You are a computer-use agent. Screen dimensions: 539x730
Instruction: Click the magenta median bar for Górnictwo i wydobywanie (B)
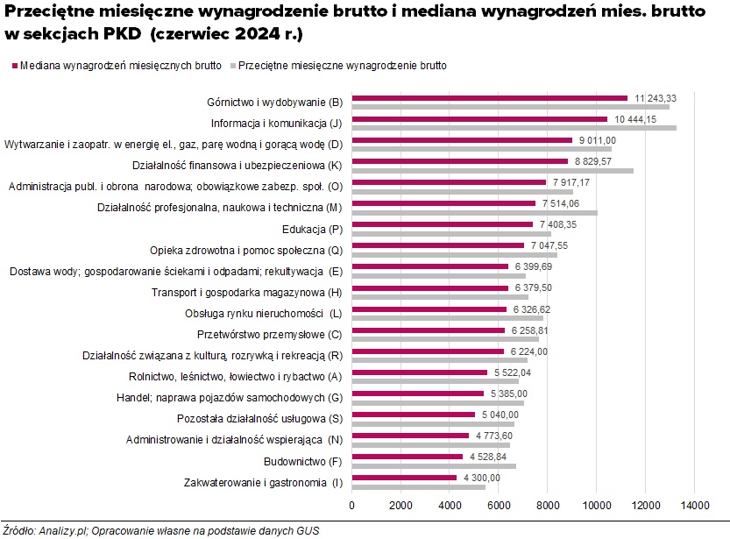pos(489,98)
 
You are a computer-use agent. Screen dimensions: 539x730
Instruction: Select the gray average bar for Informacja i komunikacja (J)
pos(514,128)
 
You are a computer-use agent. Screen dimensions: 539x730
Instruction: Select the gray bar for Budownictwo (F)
pos(434,465)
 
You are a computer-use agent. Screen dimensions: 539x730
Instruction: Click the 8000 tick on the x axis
pos(548,506)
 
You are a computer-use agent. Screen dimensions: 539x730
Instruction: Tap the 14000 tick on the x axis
pos(695,506)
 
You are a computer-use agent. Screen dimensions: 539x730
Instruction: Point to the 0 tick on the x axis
pos(351,506)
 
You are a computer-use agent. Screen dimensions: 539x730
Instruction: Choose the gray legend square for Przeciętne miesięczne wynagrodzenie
pos(232,66)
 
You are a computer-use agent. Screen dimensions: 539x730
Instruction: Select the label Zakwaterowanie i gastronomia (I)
pos(263,481)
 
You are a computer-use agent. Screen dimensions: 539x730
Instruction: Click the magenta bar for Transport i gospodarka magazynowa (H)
pos(429,287)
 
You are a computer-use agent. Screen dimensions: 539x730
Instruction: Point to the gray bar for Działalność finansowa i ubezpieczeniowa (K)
pos(492,171)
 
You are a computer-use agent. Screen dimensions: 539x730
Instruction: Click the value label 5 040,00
pos(500,415)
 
